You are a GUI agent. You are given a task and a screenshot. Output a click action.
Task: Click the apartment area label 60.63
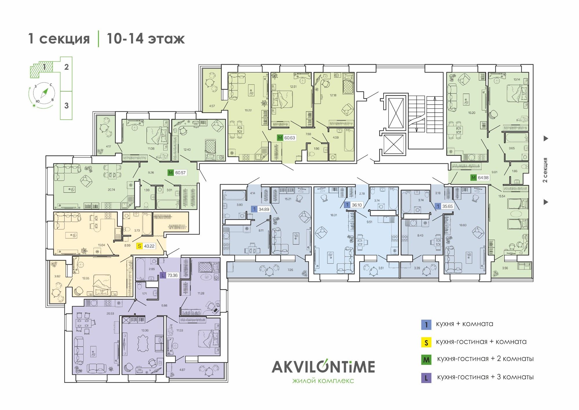(289, 138)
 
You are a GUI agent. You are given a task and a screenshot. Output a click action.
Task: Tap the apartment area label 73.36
(173, 275)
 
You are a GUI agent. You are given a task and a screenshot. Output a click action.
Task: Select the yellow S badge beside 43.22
(140, 246)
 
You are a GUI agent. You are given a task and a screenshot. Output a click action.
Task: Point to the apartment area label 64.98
(483, 178)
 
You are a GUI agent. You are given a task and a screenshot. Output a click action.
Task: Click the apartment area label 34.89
(264, 209)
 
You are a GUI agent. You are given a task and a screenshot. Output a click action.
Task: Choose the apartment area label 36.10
(357, 205)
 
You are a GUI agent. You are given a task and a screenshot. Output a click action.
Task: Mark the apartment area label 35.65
(448, 206)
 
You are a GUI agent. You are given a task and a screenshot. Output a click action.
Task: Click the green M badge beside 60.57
(171, 173)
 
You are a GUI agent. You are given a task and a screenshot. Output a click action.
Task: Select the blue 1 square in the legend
(426, 325)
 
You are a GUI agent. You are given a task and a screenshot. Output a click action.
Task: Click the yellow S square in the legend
(426, 342)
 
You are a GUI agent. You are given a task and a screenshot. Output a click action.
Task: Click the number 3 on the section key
(66, 105)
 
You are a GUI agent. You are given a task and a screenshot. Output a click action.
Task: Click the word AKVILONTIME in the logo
(323, 367)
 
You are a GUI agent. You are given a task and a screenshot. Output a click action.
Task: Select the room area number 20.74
(111, 190)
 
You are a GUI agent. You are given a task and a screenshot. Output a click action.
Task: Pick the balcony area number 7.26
(290, 270)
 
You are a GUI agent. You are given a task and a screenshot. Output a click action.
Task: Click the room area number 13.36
(145, 330)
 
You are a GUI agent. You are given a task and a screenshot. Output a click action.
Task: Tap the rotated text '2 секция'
(545, 170)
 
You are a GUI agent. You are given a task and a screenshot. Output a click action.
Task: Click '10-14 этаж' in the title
(146, 39)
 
